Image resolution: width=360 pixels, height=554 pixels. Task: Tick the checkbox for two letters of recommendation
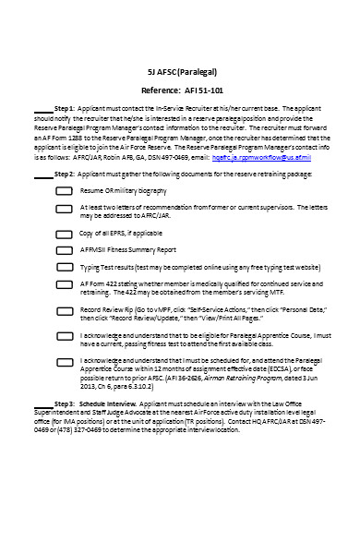(x=65, y=211)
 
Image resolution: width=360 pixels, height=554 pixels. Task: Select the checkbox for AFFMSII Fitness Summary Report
(x=65, y=250)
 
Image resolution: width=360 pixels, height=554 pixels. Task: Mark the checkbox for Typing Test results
(x=65, y=268)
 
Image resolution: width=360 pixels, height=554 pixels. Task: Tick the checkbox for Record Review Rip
(x=65, y=311)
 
